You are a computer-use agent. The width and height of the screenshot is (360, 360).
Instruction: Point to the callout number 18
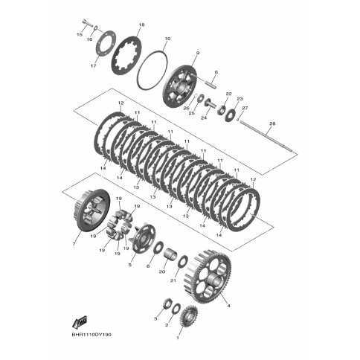(x=141, y=25)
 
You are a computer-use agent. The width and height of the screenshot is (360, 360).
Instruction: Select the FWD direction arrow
(x=80, y=322)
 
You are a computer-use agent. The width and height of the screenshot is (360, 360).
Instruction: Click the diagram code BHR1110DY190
(x=91, y=335)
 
